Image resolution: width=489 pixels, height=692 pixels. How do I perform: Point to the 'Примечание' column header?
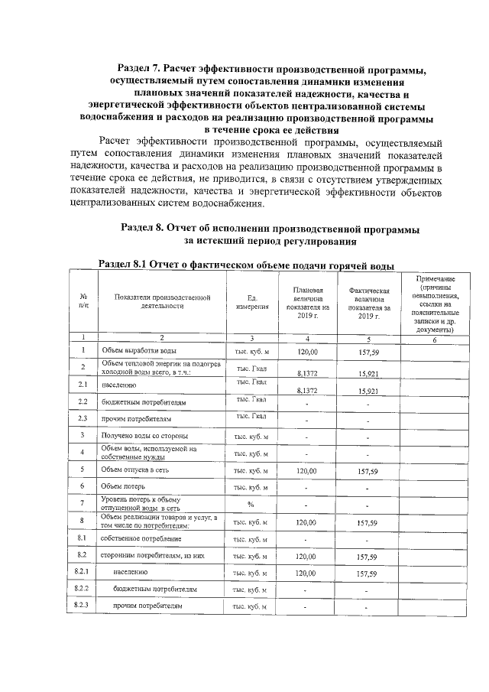tap(434, 304)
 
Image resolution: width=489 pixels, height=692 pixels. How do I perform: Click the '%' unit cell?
tap(251, 505)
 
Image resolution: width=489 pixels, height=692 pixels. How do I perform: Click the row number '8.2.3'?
tap(83, 606)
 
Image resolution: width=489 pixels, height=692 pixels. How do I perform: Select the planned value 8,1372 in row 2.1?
tap(307, 389)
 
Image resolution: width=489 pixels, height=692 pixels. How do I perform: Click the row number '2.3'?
tap(83, 418)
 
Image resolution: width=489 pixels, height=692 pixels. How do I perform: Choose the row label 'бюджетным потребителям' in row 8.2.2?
tap(154, 590)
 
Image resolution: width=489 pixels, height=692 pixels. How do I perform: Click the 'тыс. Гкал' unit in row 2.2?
tap(251, 399)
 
